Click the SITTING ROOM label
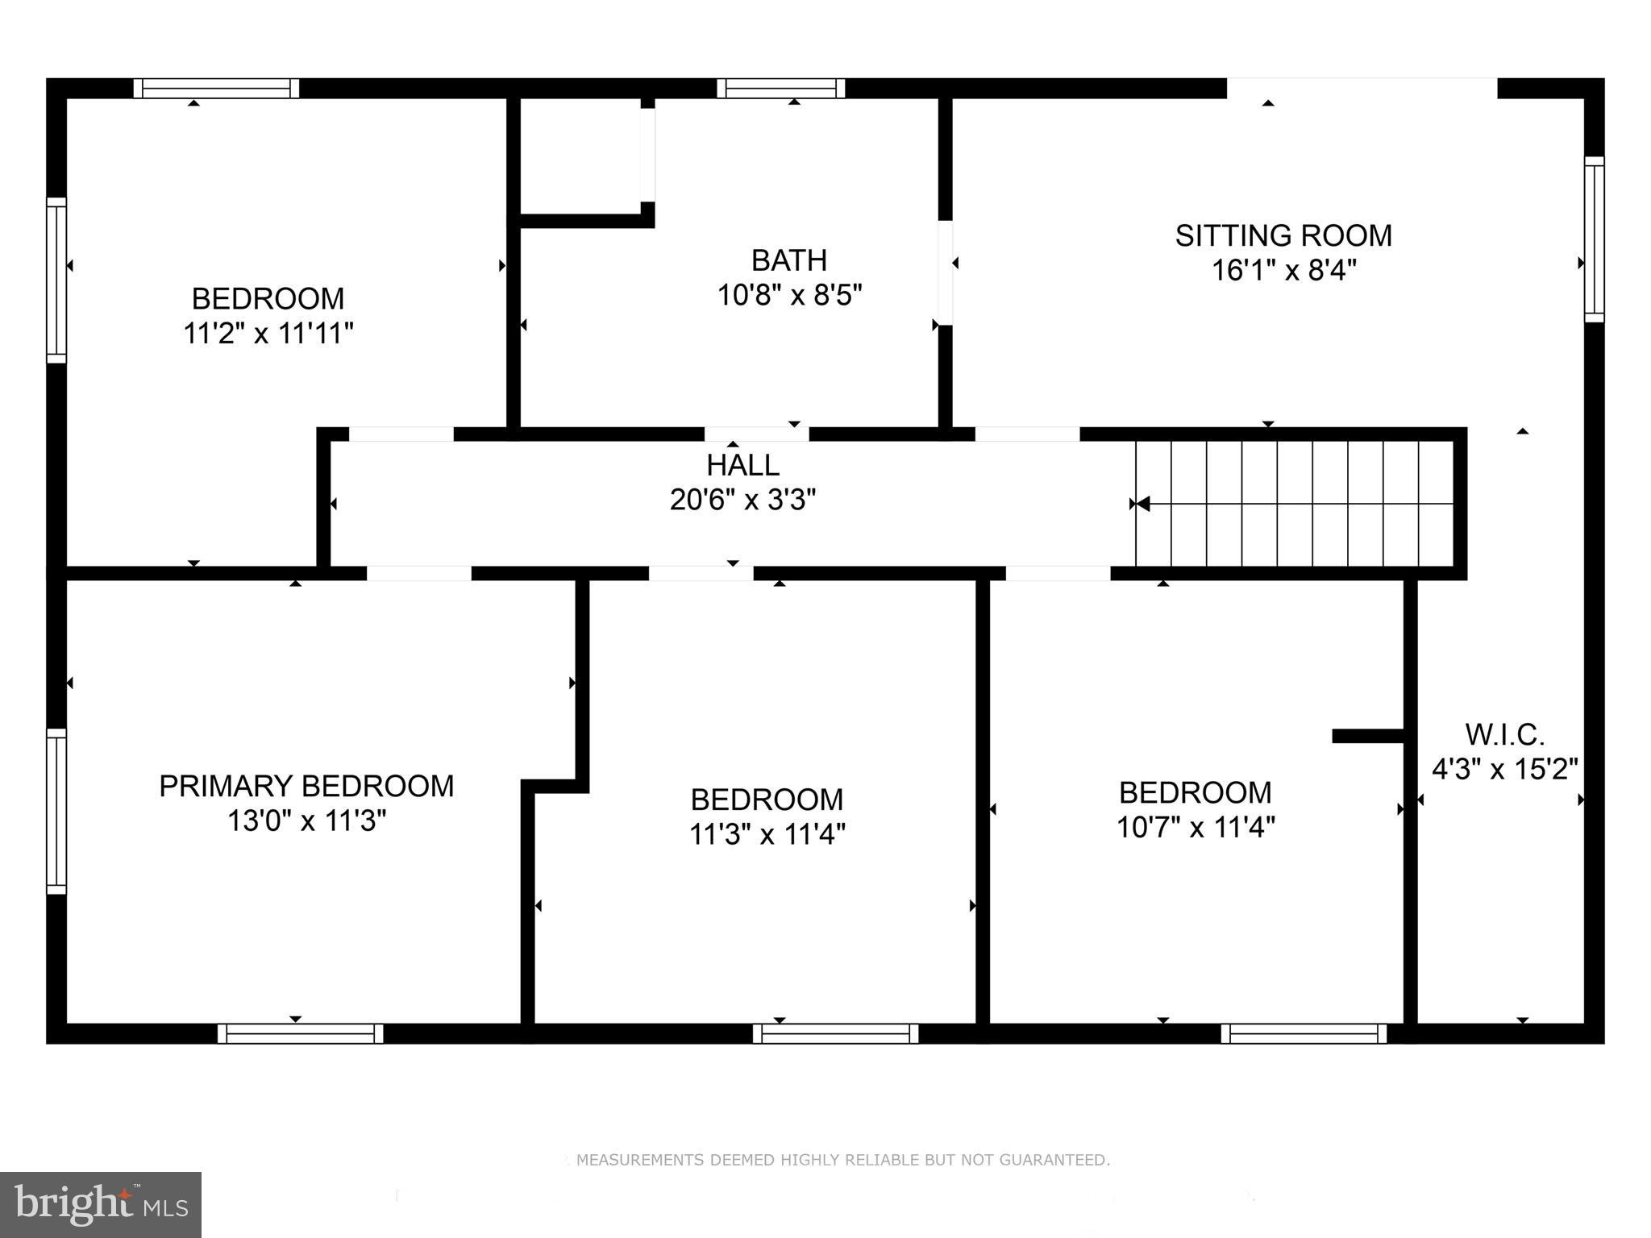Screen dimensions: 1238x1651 pyautogui.click(x=1283, y=235)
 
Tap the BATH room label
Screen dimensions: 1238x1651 pyautogui.click(x=788, y=260)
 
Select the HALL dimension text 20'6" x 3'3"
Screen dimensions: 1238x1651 pyautogui.click(x=742, y=501)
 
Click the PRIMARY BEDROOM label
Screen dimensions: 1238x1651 pyautogui.click(x=306, y=786)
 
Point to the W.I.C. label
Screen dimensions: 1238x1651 pyautogui.click(x=1504, y=734)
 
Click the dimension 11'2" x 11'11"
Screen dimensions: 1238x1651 pyautogui.click(x=268, y=333)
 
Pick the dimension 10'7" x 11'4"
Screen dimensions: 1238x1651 pyautogui.click(x=1196, y=828)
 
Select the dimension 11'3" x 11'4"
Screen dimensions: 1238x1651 pyautogui.click(x=767, y=834)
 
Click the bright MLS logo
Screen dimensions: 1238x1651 pyautogui.click(x=101, y=1205)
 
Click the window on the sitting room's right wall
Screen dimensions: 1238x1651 pyautogui.click(x=1594, y=239)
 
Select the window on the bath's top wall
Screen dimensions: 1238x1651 pyautogui.click(x=780, y=88)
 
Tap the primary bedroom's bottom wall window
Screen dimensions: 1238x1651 pyautogui.click(x=300, y=1033)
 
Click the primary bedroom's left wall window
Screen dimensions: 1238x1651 pyautogui.click(x=56, y=811)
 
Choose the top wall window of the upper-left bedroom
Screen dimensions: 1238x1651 pyautogui.click(x=216, y=88)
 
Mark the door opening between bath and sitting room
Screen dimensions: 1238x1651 pyautogui.click(x=945, y=272)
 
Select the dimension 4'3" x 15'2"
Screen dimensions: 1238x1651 pyautogui.click(x=1504, y=770)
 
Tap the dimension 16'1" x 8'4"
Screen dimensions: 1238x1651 pyautogui.click(x=1283, y=271)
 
